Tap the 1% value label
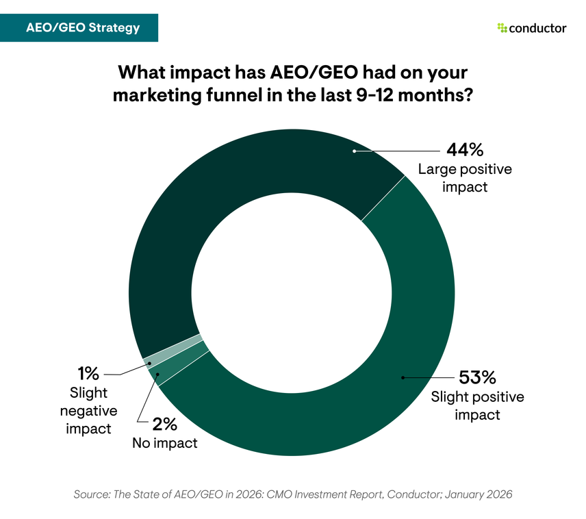coord(88,374)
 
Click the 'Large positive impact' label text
coord(465,177)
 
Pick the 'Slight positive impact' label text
coord(476,405)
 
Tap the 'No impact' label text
coord(164,443)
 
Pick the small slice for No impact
coord(179,361)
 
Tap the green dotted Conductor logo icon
coord(502,28)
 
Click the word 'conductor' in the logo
coord(537,28)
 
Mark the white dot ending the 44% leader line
coord(353,151)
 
